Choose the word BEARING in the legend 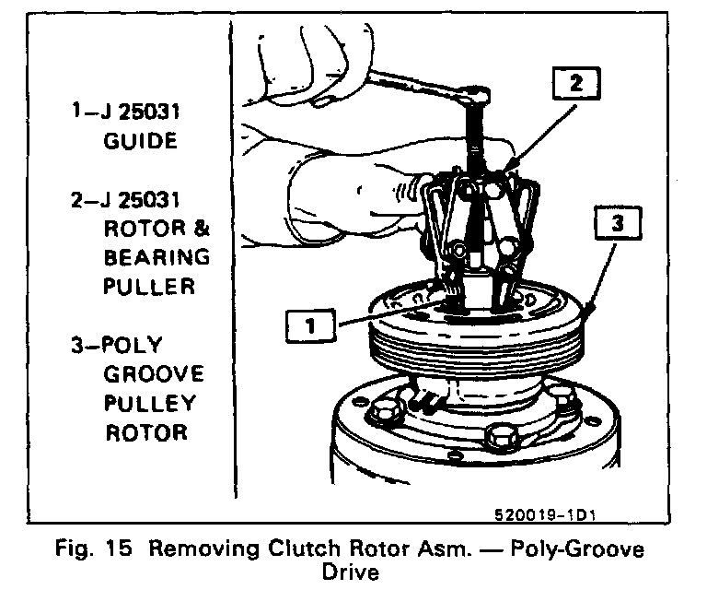point(155,257)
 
